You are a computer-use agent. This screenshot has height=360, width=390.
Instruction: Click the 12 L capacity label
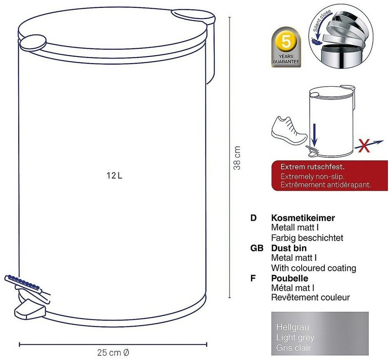[114, 175]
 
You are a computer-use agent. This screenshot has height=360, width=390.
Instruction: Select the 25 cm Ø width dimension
[113, 353]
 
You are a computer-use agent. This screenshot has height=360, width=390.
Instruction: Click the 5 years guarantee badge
[286, 47]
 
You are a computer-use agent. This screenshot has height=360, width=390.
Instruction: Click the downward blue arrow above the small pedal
[314, 135]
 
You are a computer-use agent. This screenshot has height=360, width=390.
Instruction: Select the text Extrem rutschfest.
[312, 167]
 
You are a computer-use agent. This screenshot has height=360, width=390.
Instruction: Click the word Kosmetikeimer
[303, 218]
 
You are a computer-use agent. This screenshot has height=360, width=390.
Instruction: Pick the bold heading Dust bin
[289, 248]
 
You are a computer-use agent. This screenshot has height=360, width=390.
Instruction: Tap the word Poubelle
[290, 278]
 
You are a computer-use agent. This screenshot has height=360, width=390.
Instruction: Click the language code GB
[257, 248]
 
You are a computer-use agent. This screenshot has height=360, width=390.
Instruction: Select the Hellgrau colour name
[293, 327]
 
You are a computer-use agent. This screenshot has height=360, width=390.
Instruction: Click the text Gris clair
[293, 348]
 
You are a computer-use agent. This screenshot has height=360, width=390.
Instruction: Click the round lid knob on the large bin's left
[33, 42]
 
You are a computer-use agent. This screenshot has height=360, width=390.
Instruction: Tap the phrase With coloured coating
[313, 268]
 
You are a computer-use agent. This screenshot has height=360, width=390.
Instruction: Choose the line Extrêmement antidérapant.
[326, 185]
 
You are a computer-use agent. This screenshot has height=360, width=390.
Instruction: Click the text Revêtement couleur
[310, 297]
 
